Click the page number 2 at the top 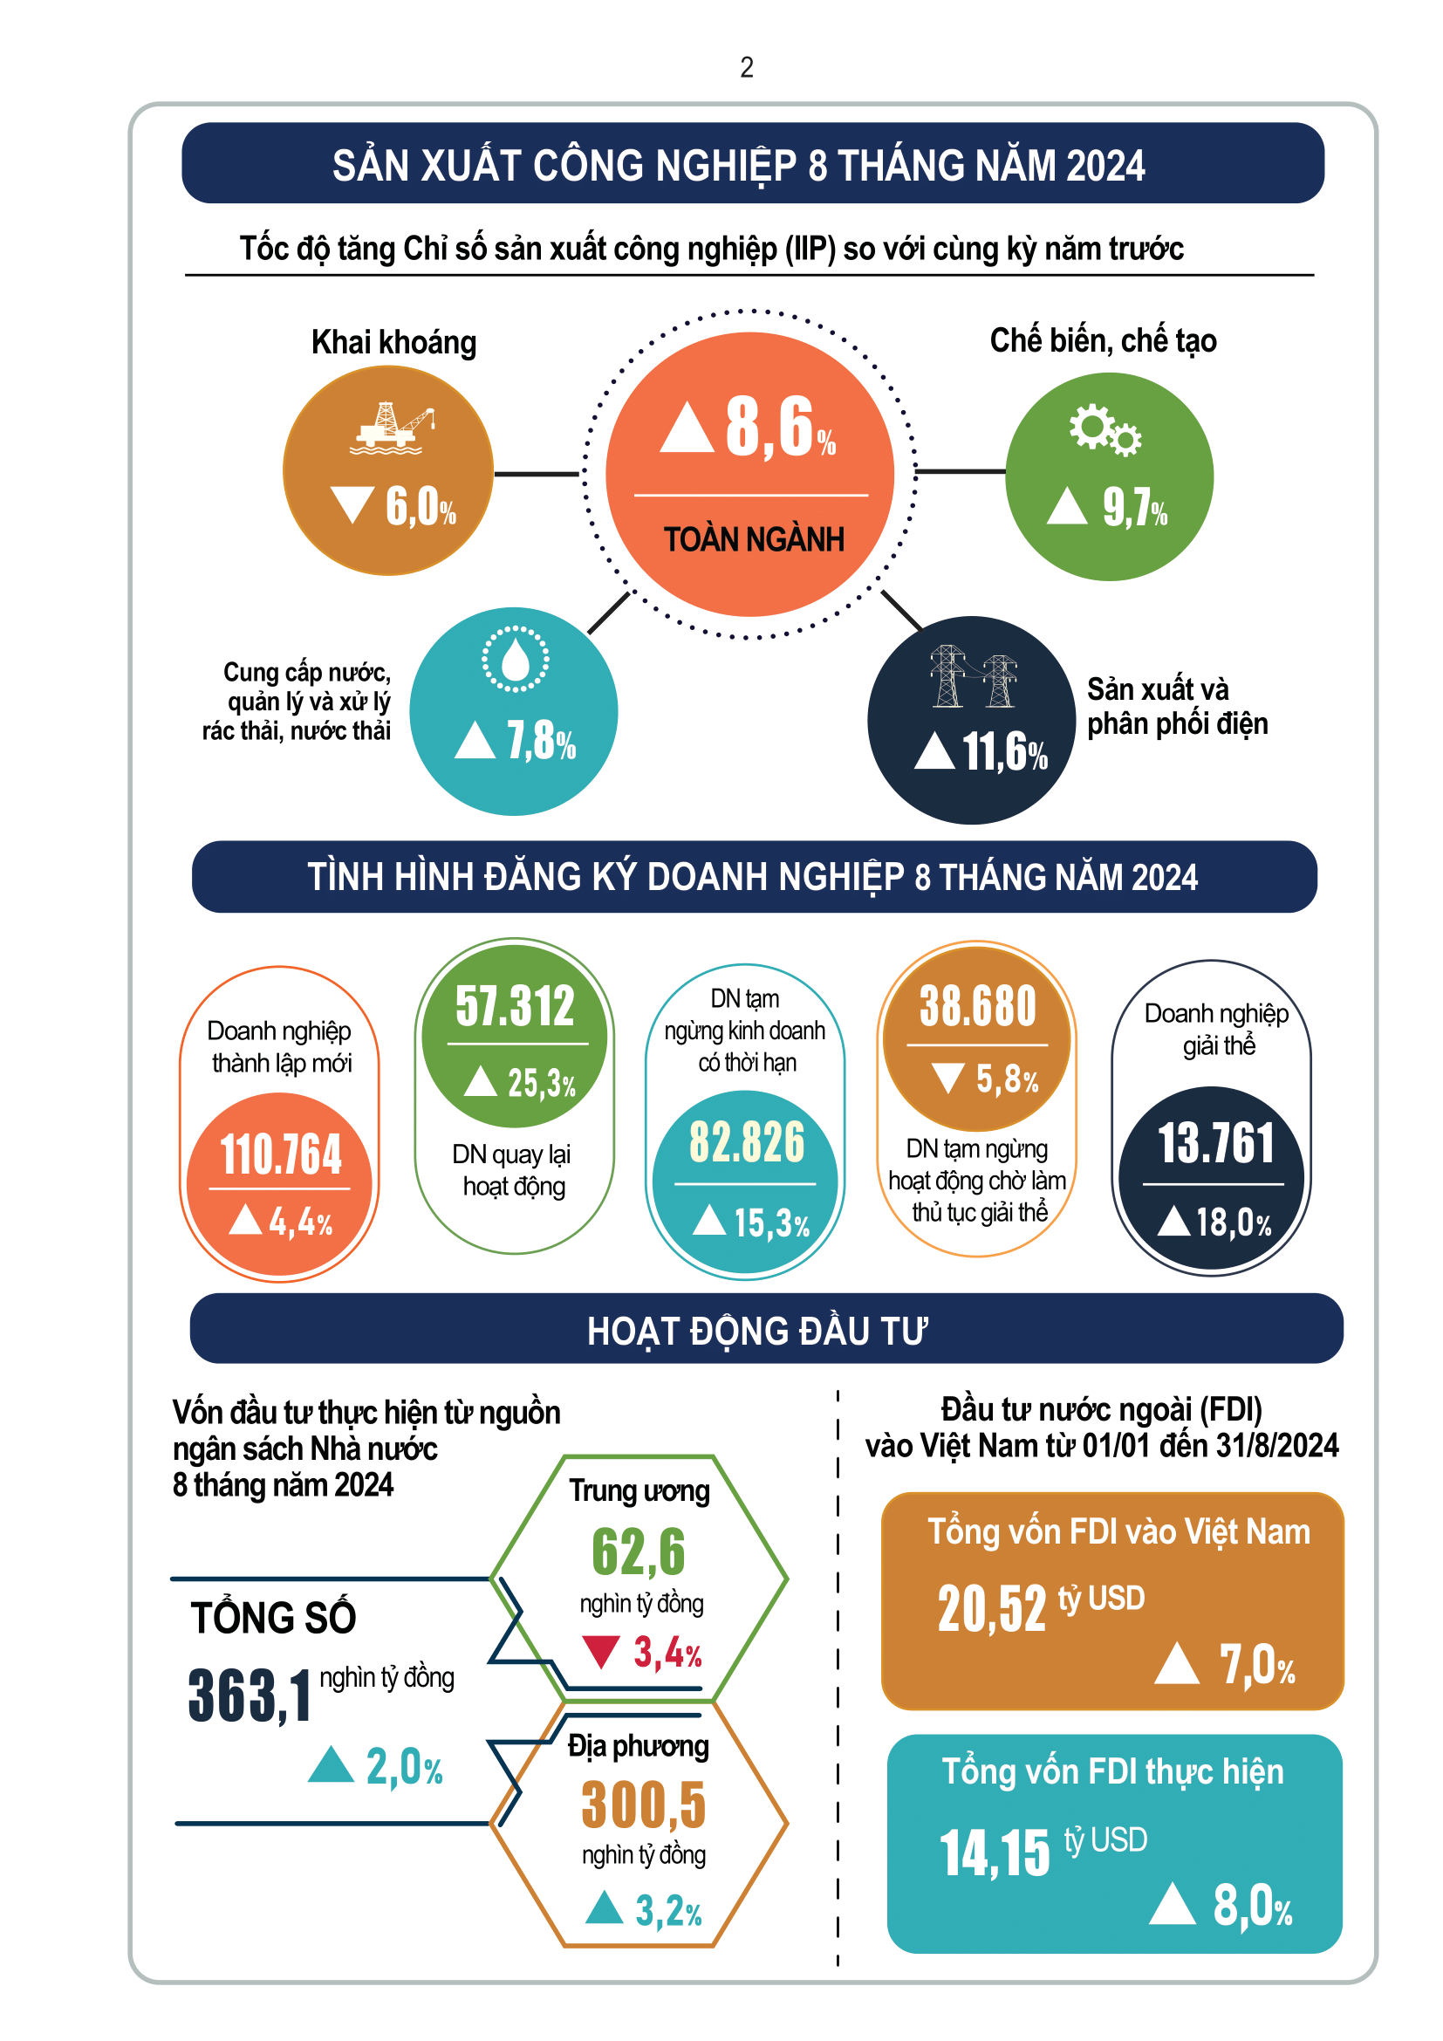[747, 67]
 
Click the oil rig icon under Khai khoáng [392, 428]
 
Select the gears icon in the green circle [1104, 430]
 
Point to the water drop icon [516, 659]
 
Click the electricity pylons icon [973, 675]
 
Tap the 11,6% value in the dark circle [1004, 752]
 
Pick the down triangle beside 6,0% [352, 504]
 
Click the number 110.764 [281, 1154]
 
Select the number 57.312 [516, 1006]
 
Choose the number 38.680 [977, 1006]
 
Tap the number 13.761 [1214, 1143]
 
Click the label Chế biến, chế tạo [1103, 340]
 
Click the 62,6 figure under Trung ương [639, 1552]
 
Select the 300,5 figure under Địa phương [643, 1805]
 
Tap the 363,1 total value [250, 1696]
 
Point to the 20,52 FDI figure [992, 1609]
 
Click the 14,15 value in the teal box [995, 1854]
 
